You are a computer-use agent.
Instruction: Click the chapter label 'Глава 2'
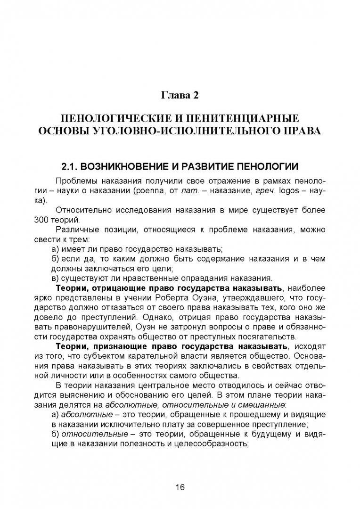pos(180,96)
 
